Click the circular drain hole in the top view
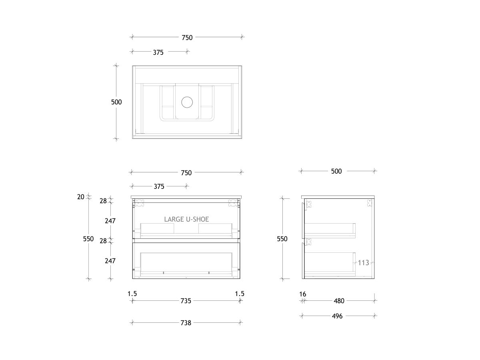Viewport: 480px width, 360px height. pos(187,102)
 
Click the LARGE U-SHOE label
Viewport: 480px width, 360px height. pos(186,219)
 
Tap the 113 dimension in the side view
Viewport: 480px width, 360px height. pos(363,263)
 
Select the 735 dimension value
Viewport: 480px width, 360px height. pos(186,301)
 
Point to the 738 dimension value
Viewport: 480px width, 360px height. pos(186,323)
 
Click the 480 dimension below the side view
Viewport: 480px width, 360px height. pos(339,301)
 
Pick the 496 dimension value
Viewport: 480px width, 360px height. pos(337,316)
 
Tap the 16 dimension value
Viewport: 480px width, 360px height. pos(302,294)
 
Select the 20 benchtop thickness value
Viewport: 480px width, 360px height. pos(81,196)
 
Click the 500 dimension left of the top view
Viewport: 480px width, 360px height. pos(116,102)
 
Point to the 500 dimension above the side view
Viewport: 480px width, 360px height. pos(336,171)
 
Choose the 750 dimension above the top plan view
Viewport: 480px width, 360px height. pos(187,38)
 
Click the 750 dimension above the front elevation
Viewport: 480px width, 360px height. pos(186,173)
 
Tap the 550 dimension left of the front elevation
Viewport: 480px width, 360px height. pos(88,239)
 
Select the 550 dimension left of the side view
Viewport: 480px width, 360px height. pos(282,239)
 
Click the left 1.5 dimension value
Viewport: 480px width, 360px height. pos(132,294)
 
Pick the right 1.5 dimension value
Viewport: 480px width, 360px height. pos(240,294)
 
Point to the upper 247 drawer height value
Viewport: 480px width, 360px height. pos(110,221)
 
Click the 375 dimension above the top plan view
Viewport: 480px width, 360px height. pos(158,52)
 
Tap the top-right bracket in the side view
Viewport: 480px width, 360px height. pos(368,204)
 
